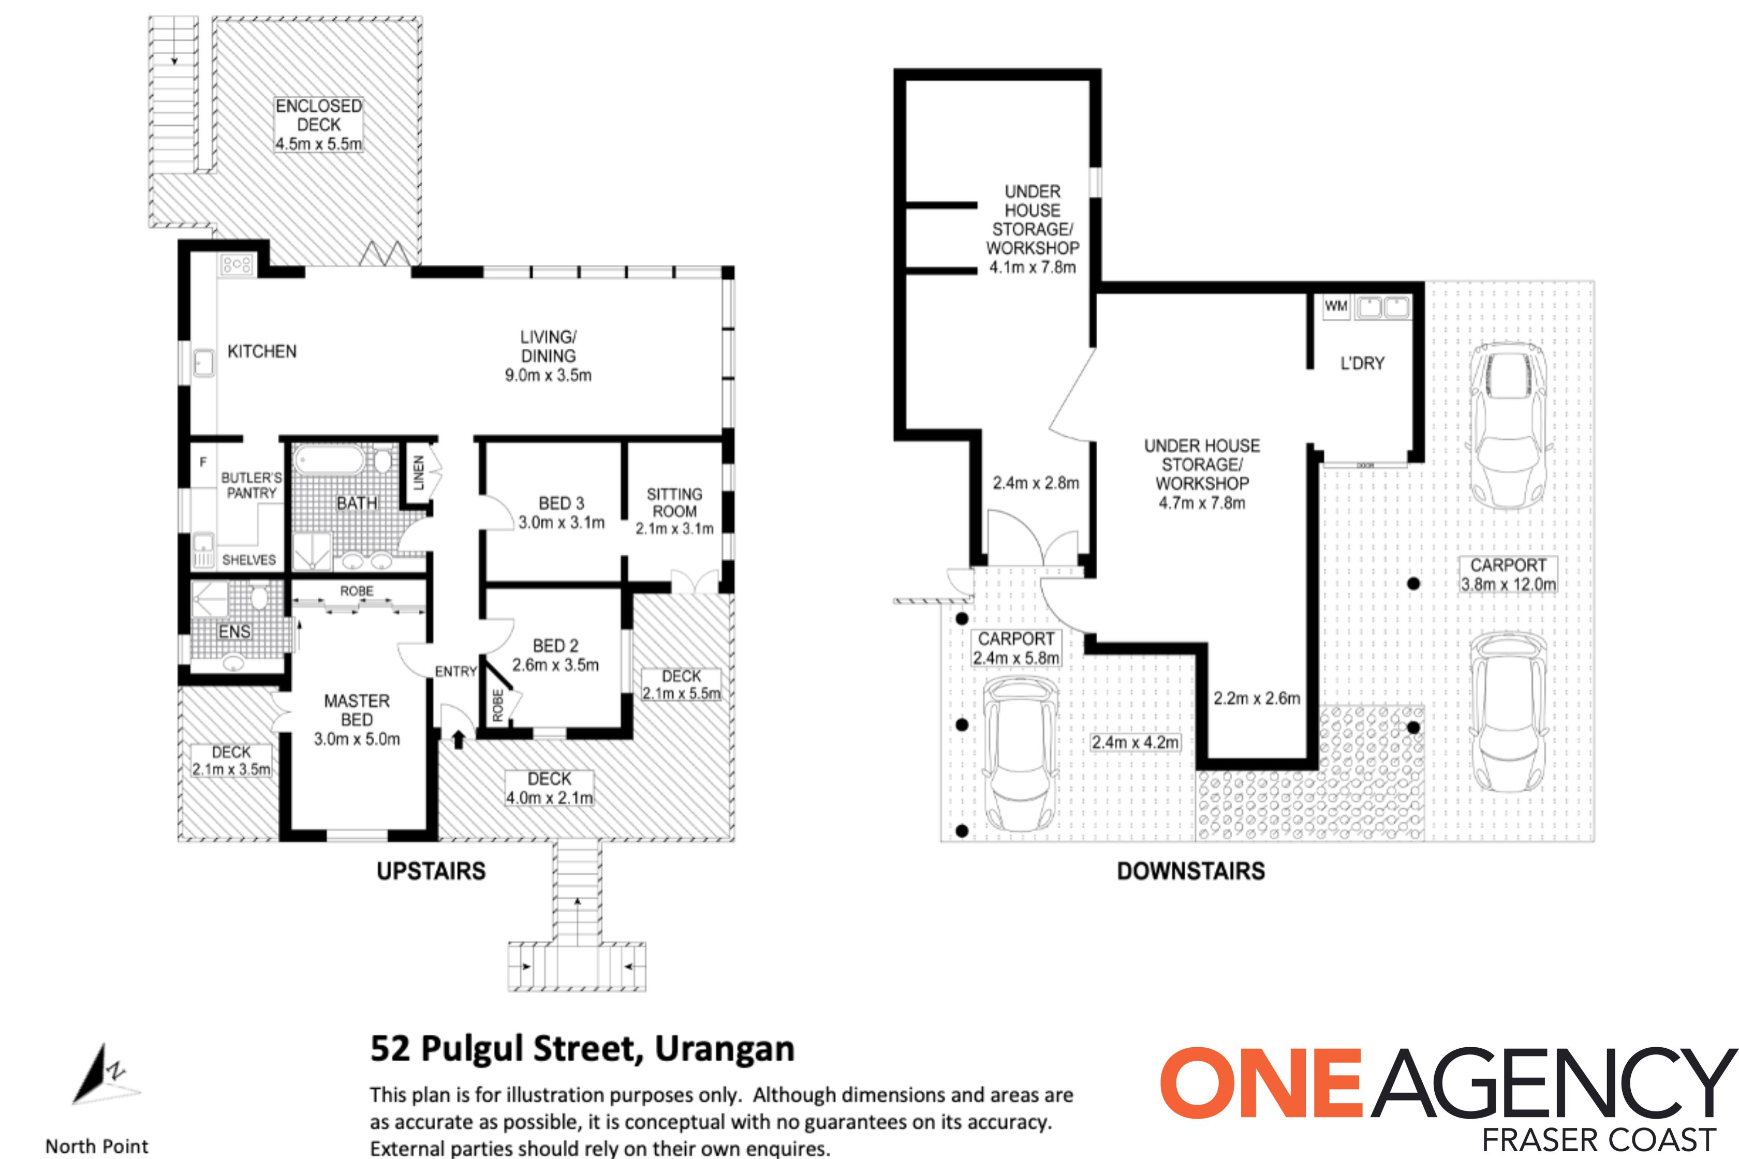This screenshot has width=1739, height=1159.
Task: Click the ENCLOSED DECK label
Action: [x=319, y=115]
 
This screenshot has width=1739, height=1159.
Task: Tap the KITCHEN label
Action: [x=262, y=351]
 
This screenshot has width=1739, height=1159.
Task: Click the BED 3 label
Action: [x=561, y=503]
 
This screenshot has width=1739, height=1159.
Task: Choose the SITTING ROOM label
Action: [x=674, y=502]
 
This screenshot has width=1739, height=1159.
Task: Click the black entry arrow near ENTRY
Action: [x=459, y=738]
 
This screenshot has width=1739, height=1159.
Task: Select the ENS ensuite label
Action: [x=234, y=632]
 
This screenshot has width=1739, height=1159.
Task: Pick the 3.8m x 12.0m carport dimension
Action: [x=1508, y=585]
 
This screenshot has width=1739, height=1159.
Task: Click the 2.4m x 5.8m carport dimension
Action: [x=1016, y=658]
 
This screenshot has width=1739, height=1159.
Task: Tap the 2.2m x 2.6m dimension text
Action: [x=1256, y=699]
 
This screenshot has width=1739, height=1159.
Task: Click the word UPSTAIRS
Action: [x=431, y=871]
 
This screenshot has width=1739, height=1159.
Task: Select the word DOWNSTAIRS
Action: [x=1190, y=871]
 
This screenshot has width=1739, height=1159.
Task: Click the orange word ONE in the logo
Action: [x=1260, y=1083]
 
